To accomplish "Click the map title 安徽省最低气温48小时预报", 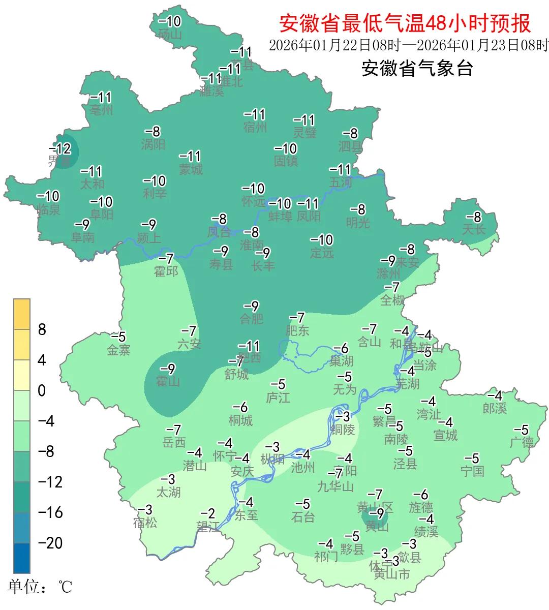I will (x=405, y=23).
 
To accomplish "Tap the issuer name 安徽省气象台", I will (x=417, y=68).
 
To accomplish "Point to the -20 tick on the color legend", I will (x=50, y=543).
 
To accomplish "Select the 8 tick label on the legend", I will (x=42, y=329).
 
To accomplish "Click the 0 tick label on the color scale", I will (x=42, y=390).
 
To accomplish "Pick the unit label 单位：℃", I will (x=40, y=588).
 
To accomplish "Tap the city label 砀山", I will (x=170, y=35).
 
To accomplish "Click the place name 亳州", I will (x=101, y=110).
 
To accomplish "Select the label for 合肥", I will (x=252, y=319).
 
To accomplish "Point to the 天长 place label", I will (x=474, y=229).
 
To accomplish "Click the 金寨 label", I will (x=118, y=350).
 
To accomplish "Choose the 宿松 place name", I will (x=145, y=522).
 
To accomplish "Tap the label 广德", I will (x=522, y=442).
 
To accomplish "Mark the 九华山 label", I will (x=335, y=487).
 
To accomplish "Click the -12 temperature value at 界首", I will (x=60, y=149).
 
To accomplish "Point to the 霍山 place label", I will (x=168, y=381).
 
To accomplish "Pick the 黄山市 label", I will (x=391, y=574).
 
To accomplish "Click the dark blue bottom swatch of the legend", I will (x=22, y=558).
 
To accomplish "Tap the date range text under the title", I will (x=409, y=45).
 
